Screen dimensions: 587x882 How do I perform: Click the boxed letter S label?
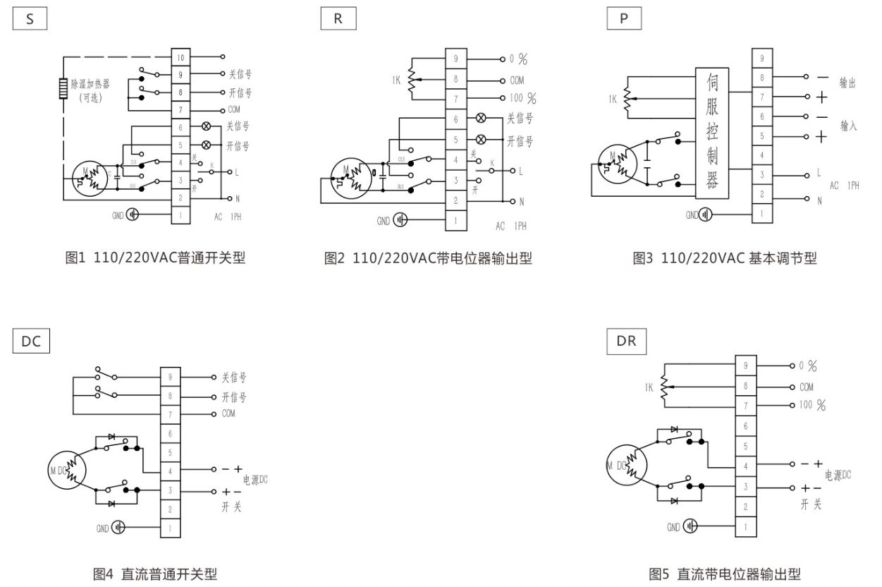coord(30,19)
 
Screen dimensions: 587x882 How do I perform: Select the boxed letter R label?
coord(338,19)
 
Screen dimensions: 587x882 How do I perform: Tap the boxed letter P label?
coord(623,19)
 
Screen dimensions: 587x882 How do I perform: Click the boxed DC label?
coord(31,341)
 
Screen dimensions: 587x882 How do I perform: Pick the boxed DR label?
coord(625,341)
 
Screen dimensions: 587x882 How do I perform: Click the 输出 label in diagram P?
coord(847,84)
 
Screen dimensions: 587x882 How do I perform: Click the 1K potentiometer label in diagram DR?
coord(649,387)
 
